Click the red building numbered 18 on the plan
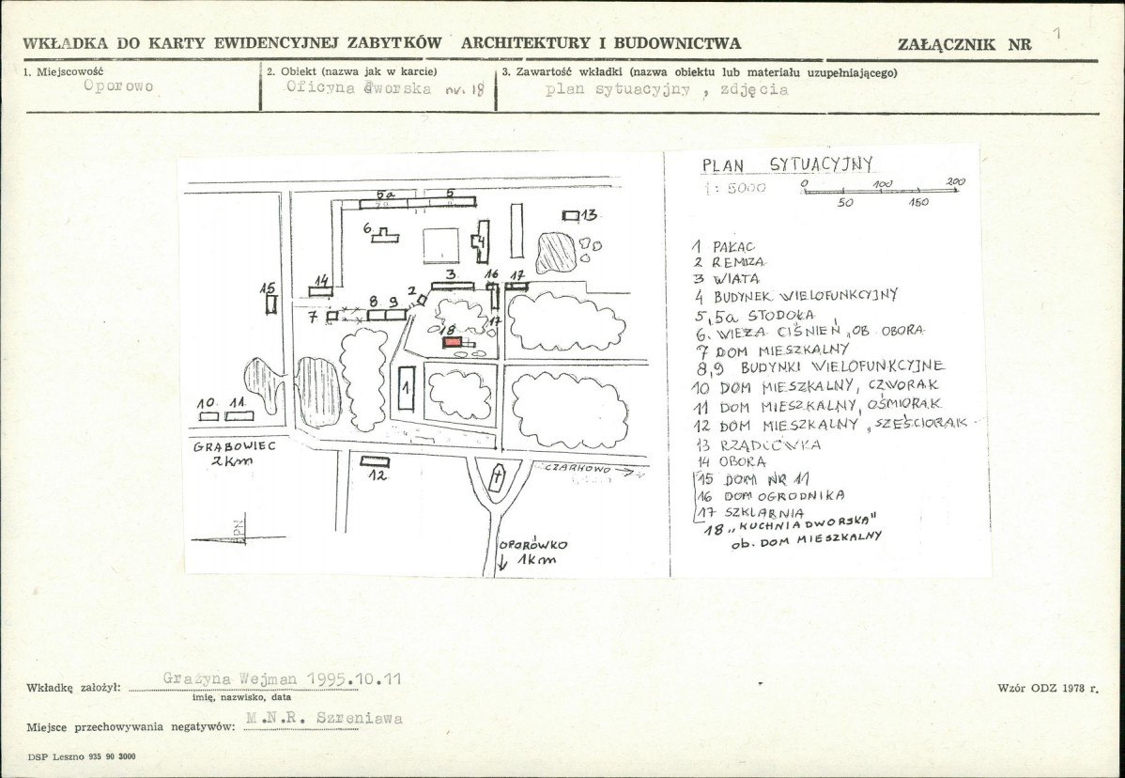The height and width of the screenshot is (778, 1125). (x=453, y=343)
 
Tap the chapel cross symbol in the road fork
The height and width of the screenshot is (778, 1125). (x=497, y=479)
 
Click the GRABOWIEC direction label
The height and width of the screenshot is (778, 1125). (x=235, y=448)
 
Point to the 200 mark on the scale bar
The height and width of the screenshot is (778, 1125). (x=955, y=181)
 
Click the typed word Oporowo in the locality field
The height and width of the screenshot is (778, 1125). (x=118, y=86)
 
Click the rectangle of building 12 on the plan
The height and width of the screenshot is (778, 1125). (x=375, y=460)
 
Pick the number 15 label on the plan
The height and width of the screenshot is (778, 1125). (x=267, y=288)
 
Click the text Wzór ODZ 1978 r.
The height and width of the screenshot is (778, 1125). (x=1047, y=688)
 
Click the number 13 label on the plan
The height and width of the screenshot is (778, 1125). (x=589, y=215)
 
